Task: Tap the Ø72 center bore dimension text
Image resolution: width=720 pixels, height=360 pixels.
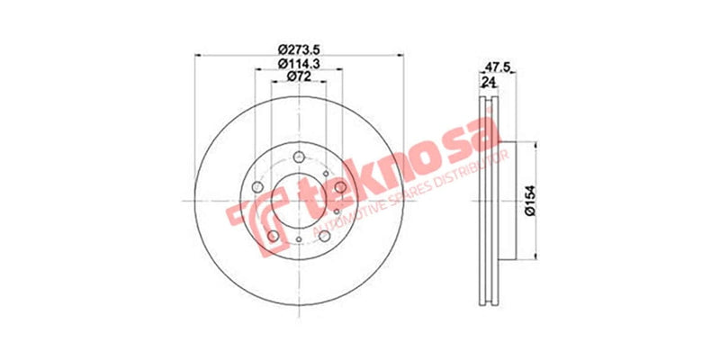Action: pos(298,77)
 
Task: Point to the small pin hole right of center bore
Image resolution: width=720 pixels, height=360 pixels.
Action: pos(336,212)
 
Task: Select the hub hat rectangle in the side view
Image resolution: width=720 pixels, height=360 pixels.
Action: pos(506,200)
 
